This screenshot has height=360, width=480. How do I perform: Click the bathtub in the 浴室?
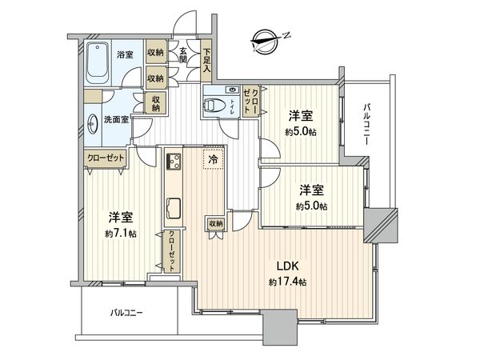[97, 62]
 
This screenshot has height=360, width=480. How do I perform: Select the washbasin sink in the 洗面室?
[91, 124]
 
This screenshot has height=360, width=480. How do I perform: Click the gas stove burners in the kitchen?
[174, 161]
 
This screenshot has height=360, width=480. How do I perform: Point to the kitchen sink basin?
[174, 209]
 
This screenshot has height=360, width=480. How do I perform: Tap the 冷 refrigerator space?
[214, 159]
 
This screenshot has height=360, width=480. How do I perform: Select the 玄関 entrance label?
[182, 55]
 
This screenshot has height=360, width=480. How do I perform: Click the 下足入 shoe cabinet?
[206, 61]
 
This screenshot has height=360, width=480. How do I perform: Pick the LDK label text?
[287, 266]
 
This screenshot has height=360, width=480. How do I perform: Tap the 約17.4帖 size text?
[287, 282]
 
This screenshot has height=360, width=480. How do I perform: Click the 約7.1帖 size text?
[121, 234]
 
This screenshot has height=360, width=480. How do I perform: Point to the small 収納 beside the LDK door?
[216, 224]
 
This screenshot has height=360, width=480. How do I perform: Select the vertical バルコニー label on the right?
[366, 125]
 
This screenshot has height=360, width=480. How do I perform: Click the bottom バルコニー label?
[126, 313]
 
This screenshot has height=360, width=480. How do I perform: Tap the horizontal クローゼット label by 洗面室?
[106, 158]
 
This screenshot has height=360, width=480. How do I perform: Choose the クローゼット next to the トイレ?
[250, 101]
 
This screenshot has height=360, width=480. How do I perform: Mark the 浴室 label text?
[125, 54]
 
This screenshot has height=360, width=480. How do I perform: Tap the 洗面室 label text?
[116, 119]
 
